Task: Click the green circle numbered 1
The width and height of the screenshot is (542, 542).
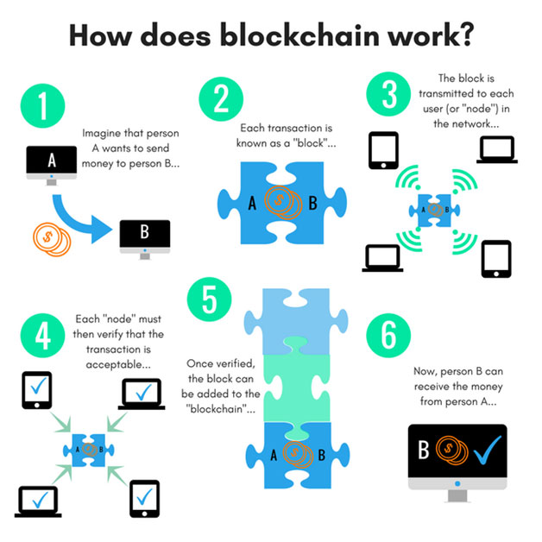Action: (x=43, y=106)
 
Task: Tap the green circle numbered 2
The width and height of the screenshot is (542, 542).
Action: (x=221, y=99)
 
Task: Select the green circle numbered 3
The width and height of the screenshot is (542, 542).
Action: (x=388, y=94)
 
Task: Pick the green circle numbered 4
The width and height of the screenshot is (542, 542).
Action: (x=43, y=336)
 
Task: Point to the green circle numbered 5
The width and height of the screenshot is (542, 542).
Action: (x=209, y=299)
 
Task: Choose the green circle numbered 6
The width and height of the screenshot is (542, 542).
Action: (x=388, y=336)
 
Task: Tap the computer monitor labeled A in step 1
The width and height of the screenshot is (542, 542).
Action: (x=52, y=165)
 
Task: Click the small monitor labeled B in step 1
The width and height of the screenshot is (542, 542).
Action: (x=145, y=239)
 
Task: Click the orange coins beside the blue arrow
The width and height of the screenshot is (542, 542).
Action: (x=52, y=239)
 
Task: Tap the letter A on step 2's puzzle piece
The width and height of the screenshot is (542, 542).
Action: (x=252, y=204)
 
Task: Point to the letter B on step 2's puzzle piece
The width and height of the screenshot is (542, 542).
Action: (x=312, y=204)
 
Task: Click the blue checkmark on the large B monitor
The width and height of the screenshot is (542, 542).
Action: (x=488, y=450)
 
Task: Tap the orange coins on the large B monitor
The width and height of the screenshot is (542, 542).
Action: (x=451, y=450)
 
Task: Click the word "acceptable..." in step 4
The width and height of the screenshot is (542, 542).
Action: (x=118, y=365)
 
